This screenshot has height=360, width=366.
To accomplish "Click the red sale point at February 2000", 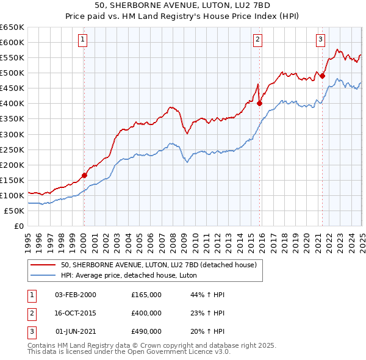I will [84, 175].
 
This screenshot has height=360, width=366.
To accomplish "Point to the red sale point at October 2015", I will [259, 103].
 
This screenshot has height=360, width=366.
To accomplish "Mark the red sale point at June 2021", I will [322, 76].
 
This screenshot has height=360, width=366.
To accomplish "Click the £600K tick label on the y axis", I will [12, 42].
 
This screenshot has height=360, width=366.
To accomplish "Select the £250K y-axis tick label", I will [12, 149].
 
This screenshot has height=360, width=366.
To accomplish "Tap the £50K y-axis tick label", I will [15, 211].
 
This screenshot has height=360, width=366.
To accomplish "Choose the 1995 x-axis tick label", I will [28, 238].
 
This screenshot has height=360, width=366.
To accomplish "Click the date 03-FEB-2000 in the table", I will [76, 295].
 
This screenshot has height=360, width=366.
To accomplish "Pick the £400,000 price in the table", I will [146, 313].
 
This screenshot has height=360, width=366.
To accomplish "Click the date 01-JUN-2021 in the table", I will [76, 331].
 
